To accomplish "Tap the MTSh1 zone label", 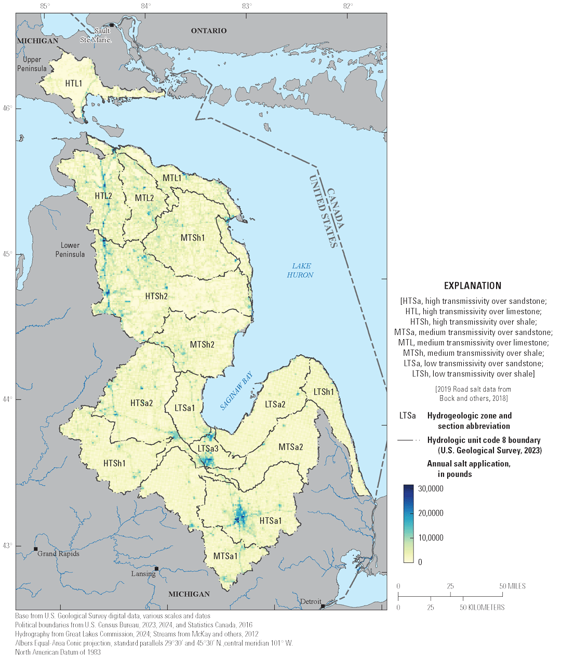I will [x=193, y=238].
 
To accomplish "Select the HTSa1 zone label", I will [x=271, y=520].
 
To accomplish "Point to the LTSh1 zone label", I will [x=324, y=392].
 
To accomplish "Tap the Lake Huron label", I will [x=300, y=270].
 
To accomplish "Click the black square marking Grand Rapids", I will [x=36, y=549].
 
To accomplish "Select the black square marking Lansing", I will [x=156, y=569].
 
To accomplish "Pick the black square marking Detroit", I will [x=323, y=606].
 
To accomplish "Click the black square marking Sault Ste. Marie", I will [x=112, y=25].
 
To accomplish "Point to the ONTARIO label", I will [x=209, y=31].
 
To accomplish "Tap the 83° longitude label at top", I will [x=247, y=6].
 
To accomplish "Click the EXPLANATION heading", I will [x=473, y=286].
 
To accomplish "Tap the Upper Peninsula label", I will [x=32, y=64].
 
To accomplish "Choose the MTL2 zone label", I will [x=144, y=198].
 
